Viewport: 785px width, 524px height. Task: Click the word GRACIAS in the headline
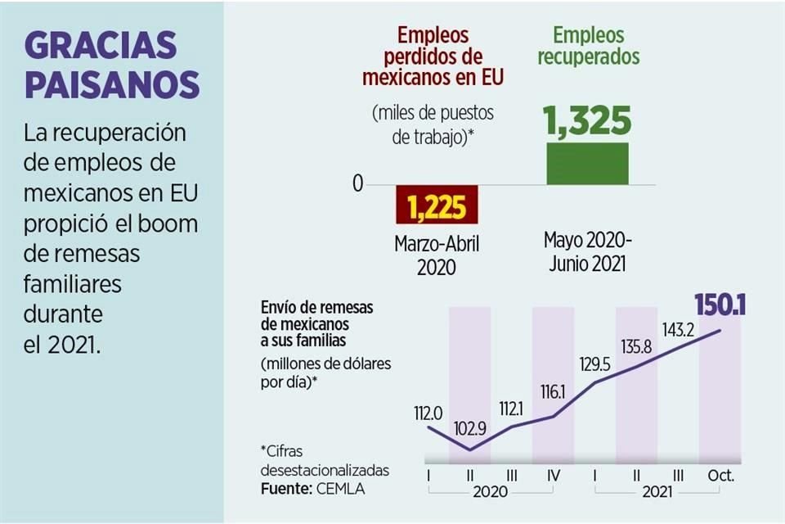click(101, 45)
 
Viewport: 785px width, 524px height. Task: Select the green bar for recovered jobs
click(587, 164)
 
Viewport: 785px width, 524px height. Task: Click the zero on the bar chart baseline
click(358, 184)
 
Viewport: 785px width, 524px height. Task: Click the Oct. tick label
click(720, 475)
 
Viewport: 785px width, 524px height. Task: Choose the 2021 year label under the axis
click(657, 492)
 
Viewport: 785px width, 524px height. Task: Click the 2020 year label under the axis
click(490, 492)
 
